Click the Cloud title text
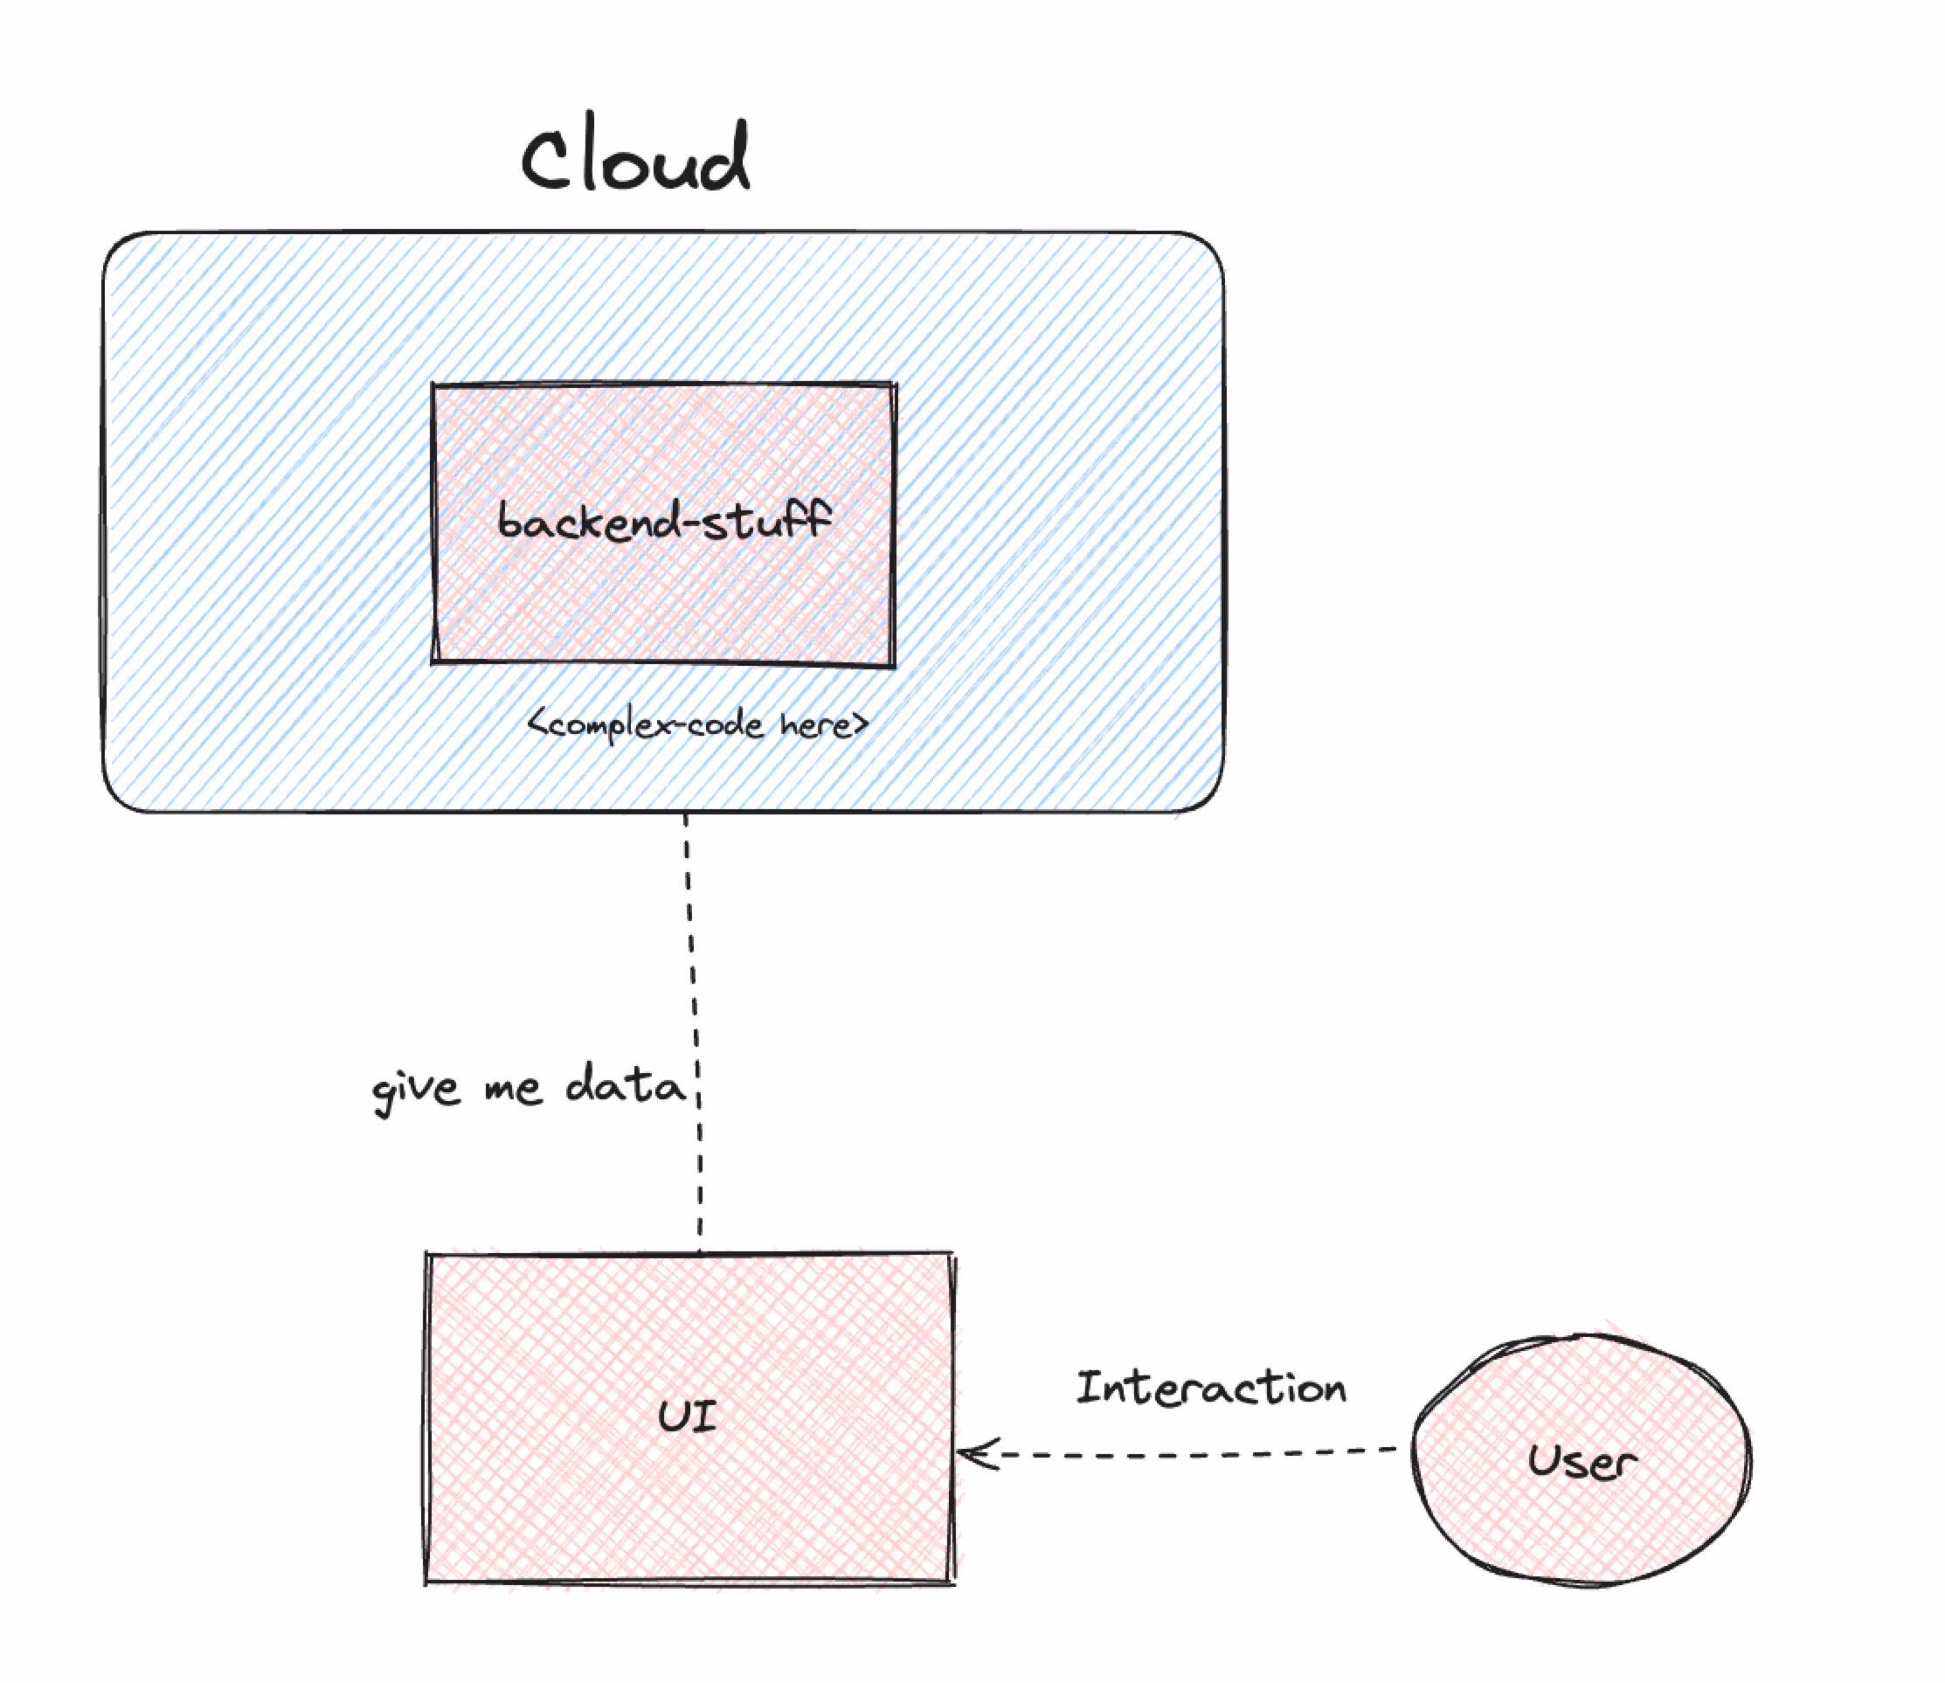[637, 155]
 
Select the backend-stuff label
[663, 520]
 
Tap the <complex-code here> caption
[698, 724]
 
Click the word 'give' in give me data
[416, 1090]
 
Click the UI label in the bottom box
[688, 1416]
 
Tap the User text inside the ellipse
[1582, 1461]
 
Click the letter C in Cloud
[548, 160]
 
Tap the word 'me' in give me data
[513, 1090]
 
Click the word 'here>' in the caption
[823, 724]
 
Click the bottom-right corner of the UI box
[952, 1583]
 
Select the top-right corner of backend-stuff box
[893, 384]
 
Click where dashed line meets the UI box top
[700, 1254]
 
